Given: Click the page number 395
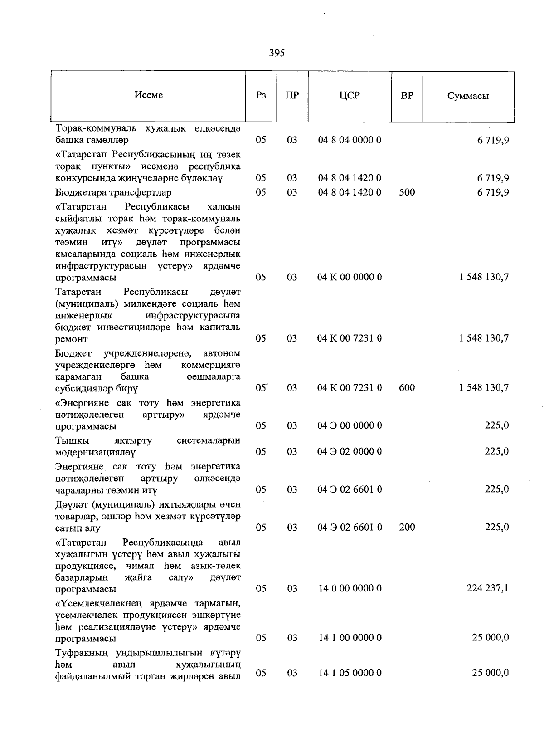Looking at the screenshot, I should (277, 53).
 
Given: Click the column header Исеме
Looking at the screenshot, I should (148, 95).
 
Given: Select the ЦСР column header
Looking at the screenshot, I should (349, 95).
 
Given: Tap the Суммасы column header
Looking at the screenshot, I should (468, 96).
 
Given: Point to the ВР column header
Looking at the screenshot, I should (407, 95).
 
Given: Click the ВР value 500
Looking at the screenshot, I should (407, 192).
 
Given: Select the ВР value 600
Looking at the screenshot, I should (407, 387).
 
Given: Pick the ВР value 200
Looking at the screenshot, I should (407, 527).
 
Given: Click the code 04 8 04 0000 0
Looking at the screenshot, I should (349, 140).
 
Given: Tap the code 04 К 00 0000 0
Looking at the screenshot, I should (349, 277).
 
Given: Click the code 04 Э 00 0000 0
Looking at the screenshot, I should (349, 425).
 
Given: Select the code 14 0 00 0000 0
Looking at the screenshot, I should (349, 588).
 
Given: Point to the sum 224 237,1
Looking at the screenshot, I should (487, 588).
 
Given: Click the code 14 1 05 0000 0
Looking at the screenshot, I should (349, 673).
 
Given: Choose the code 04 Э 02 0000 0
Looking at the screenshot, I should (349, 451).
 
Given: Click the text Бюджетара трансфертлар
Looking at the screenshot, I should (113, 192).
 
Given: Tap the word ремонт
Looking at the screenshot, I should (71, 339).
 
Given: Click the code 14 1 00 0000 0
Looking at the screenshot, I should (349, 638).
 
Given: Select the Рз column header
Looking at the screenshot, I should (261, 95).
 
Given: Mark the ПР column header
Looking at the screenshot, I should (292, 95).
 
